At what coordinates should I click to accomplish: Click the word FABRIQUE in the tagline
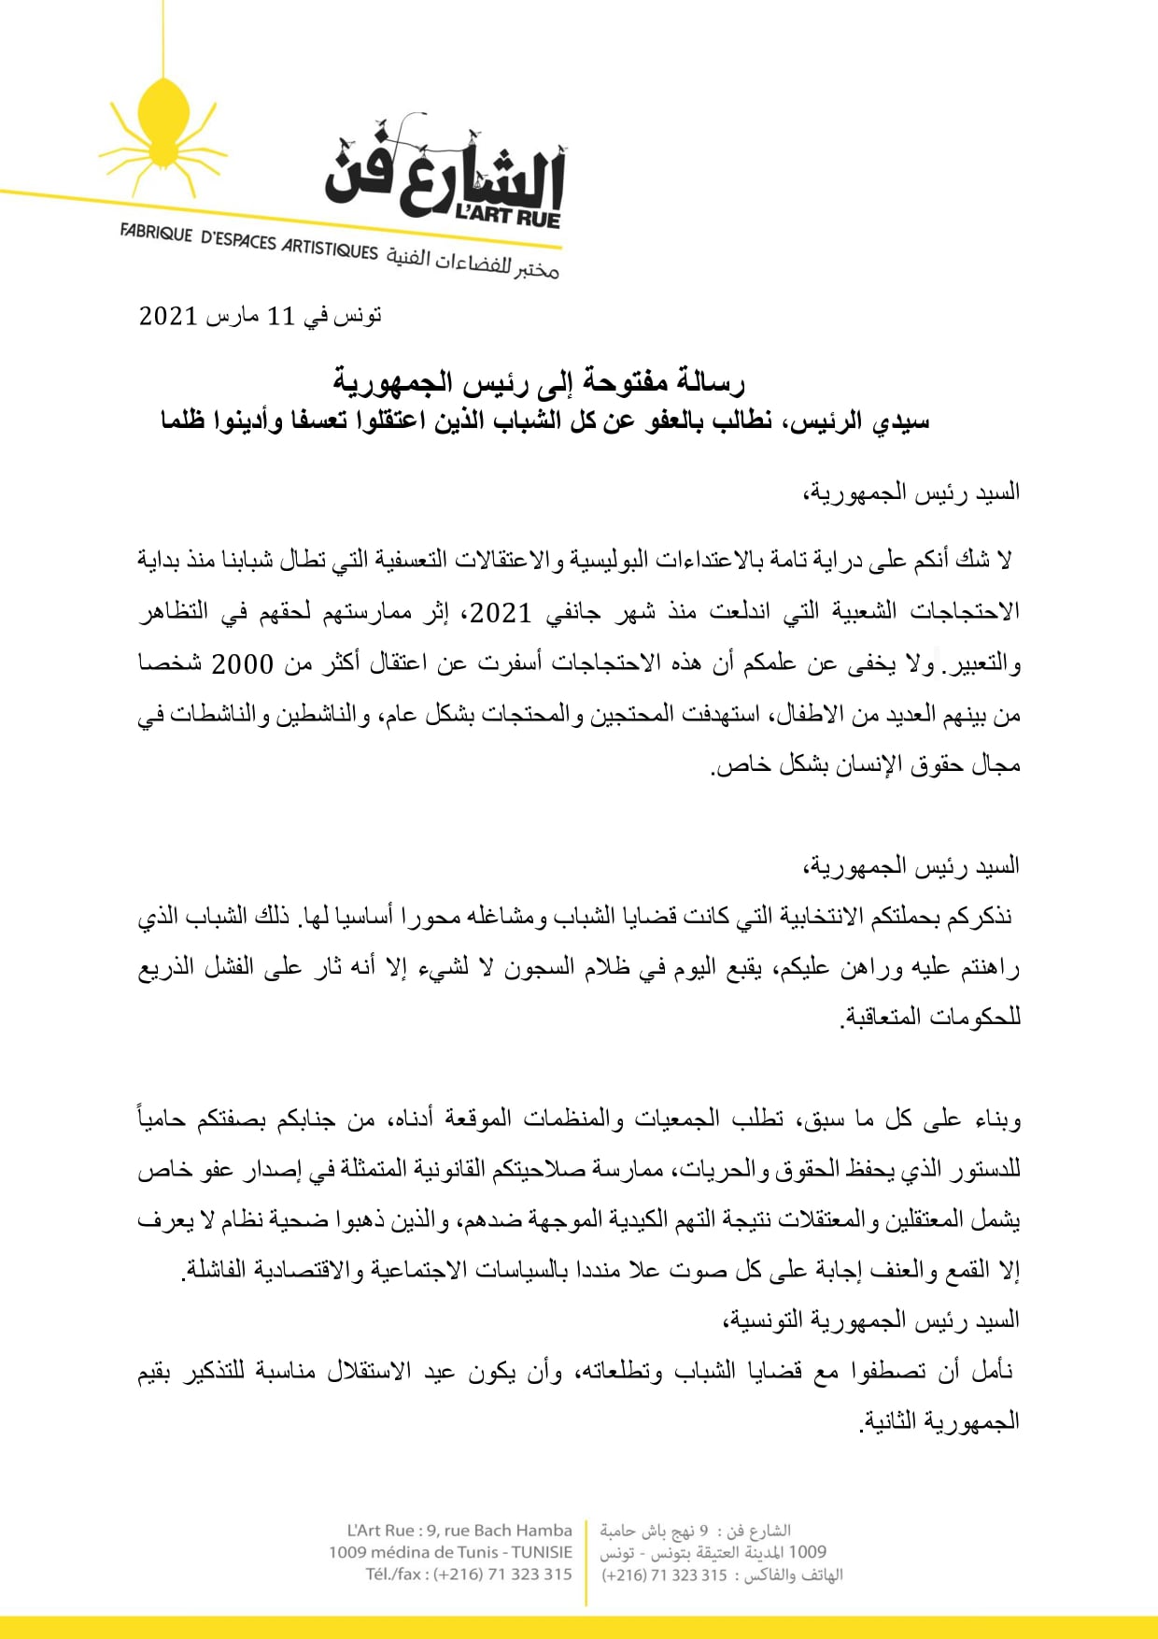pos(156,233)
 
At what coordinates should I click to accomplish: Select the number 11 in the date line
pos(280,317)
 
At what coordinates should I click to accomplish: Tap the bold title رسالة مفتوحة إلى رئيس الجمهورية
pos(539,381)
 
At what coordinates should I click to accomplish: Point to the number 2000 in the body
pos(242,663)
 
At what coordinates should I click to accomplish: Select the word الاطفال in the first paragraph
pos(810,715)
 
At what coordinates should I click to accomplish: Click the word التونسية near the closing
pos(766,1320)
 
